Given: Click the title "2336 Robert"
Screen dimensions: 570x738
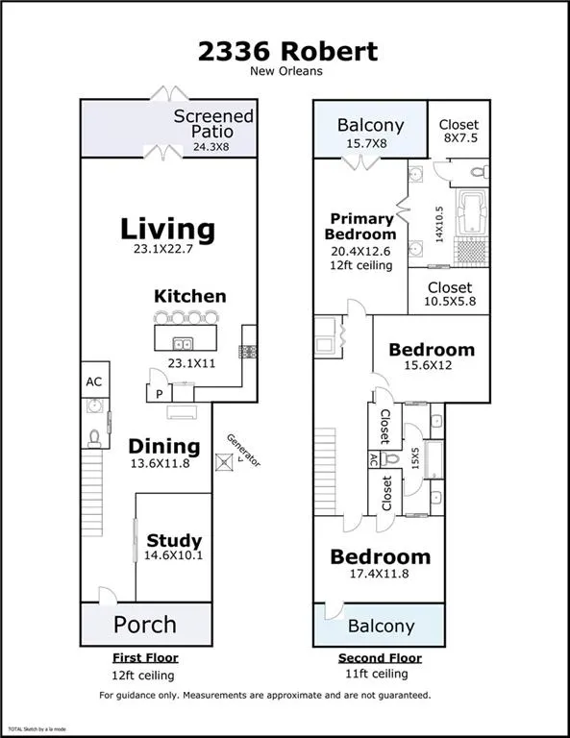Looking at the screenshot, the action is tap(287, 52).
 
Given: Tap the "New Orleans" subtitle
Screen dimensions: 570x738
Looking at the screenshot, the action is tap(286, 71).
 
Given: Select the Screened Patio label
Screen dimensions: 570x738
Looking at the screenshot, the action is tap(213, 123).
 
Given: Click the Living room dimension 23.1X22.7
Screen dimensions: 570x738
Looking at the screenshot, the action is tap(162, 249).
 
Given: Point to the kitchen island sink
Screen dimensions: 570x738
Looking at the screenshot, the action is tap(183, 344).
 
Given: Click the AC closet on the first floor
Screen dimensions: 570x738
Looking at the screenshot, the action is tap(94, 380).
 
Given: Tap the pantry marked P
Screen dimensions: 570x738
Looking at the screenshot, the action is tap(160, 393).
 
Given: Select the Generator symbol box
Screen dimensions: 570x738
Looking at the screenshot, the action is tap(224, 462).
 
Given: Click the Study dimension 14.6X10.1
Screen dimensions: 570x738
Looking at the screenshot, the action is tap(173, 555).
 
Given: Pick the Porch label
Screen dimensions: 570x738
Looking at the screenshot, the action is tap(145, 625).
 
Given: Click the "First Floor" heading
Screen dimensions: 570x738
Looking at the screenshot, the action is tap(145, 658).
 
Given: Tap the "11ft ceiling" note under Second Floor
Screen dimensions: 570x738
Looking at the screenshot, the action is tap(377, 674).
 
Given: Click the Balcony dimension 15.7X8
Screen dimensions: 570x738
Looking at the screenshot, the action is tap(366, 143).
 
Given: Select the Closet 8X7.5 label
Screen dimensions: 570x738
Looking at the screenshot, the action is tap(458, 131).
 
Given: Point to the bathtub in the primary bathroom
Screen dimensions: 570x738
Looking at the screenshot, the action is tap(473, 211).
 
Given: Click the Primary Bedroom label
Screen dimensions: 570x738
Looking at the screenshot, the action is tap(360, 227).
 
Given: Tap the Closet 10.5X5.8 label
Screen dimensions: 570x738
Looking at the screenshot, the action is tap(450, 293).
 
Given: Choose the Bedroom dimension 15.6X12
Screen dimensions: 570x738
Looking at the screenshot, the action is tap(428, 365).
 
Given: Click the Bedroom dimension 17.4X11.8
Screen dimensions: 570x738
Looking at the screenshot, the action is tap(379, 574).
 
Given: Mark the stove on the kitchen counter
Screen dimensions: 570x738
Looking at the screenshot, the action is tap(248, 352).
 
